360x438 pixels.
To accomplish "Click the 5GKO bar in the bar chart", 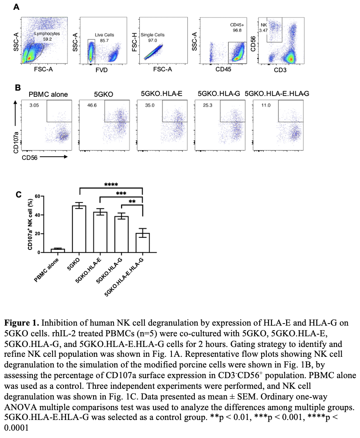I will point(79,229).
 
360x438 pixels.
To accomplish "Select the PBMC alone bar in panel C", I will point(58,250).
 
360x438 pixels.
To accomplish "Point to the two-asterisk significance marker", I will point(132,202).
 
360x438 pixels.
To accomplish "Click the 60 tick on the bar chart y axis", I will point(37,196).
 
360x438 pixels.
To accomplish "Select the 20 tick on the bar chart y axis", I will point(37,234).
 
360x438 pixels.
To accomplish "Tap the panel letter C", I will point(18,195).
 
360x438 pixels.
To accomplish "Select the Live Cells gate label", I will point(105,35).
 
